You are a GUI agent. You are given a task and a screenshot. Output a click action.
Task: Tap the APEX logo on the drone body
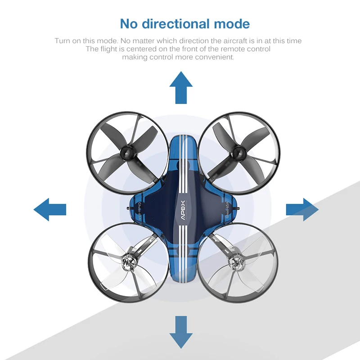[x=183, y=209]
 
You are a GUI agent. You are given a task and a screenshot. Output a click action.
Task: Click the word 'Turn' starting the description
[x=63, y=41]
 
